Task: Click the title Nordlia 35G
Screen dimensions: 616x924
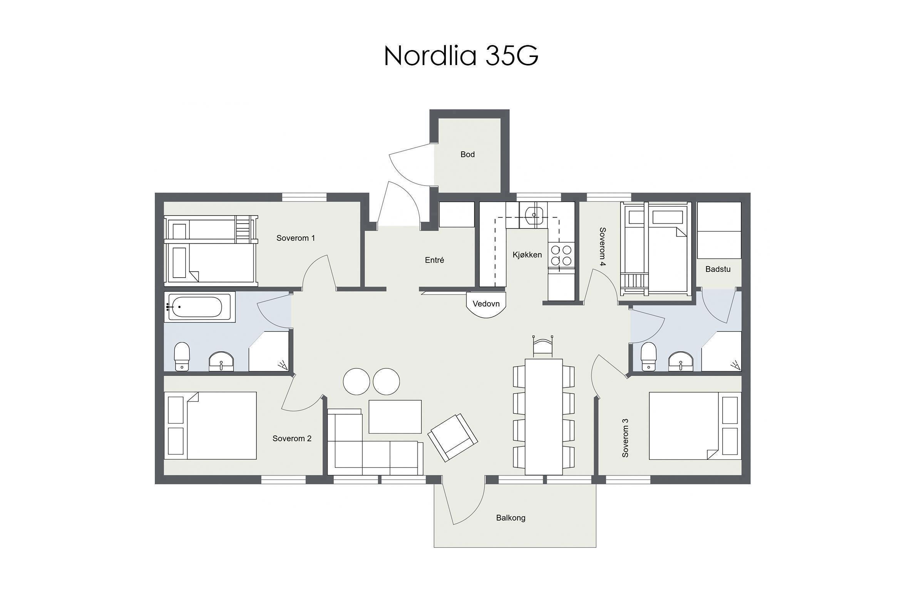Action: click(x=461, y=55)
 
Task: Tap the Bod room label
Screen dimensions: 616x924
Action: click(x=467, y=154)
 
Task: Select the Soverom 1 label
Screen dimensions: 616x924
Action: click(x=295, y=238)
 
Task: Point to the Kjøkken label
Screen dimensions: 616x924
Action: click(x=527, y=254)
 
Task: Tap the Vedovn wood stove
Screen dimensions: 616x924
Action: click(x=486, y=304)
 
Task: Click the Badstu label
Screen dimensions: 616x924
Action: click(x=718, y=269)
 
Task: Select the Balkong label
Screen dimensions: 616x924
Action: click(x=511, y=518)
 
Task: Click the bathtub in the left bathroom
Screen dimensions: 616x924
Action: click(x=195, y=307)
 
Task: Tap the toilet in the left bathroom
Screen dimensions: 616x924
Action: click(x=182, y=356)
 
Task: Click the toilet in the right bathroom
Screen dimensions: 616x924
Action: click(x=649, y=356)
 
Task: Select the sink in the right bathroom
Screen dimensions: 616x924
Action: click(x=681, y=361)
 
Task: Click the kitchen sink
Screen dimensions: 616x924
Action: click(x=534, y=214)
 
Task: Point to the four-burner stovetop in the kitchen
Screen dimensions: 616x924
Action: click(x=561, y=255)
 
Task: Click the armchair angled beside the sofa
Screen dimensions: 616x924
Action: click(x=453, y=437)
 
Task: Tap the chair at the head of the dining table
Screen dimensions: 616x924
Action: click(x=543, y=346)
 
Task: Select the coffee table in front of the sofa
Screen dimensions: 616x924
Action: click(x=395, y=417)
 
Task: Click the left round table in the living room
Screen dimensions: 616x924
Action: click(x=357, y=381)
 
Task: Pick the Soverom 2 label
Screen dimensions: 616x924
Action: click(x=292, y=439)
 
